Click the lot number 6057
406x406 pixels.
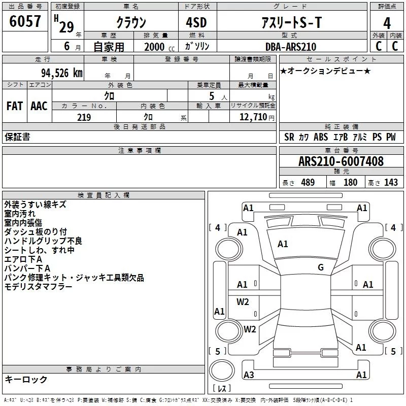[25, 22]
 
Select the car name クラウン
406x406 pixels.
[131, 23]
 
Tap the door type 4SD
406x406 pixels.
[197, 23]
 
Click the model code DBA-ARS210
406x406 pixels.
[290, 47]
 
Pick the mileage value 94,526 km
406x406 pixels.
[61, 73]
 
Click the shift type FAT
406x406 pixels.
[14, 106]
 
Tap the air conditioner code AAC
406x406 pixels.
[39, 106]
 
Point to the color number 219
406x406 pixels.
[84, 117]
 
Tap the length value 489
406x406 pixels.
[307, 182]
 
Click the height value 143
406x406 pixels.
[391, 182]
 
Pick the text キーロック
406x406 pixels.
[26, 379]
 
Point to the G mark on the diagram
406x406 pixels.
[320, 267]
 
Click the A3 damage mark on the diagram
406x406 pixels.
[249, 375]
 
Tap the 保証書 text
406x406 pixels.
[17, 137]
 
